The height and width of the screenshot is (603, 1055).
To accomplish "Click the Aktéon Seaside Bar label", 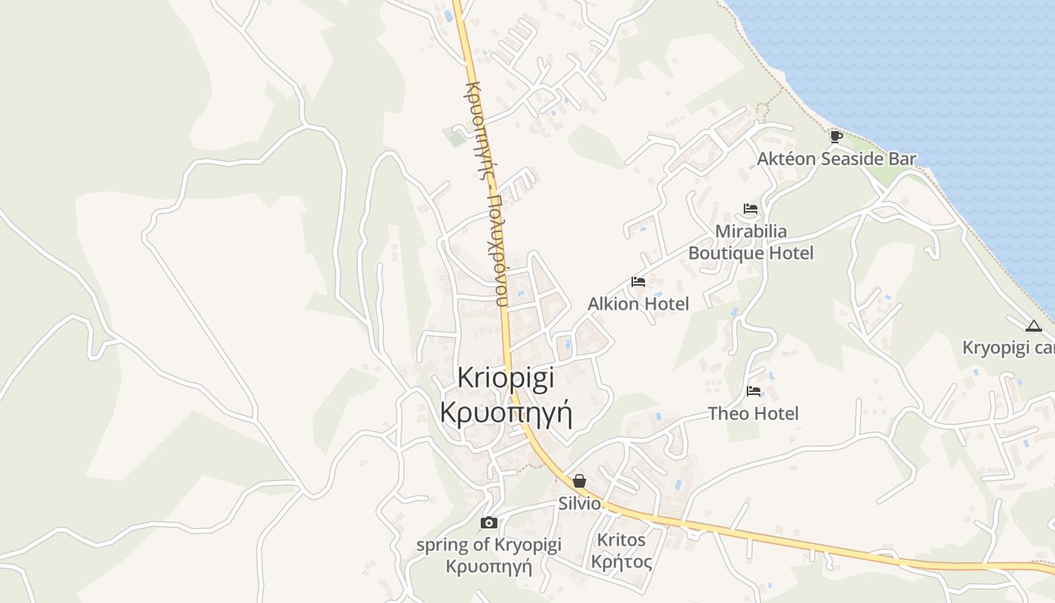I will point(836,159).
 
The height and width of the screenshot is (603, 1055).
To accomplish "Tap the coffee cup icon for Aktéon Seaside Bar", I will point(836,136).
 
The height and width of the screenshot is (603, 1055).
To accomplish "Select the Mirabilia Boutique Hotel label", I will point(751,242).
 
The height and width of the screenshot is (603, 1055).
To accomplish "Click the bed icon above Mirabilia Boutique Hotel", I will point(750,209).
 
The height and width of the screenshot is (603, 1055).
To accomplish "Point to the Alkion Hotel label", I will point(638,304).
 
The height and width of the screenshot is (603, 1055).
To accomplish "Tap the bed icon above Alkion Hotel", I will point(638,282).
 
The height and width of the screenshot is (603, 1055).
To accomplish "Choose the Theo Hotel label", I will point(753,413).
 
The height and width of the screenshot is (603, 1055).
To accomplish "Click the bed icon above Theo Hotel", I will point(753,391).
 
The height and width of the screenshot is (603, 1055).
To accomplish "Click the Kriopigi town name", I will point(506,378).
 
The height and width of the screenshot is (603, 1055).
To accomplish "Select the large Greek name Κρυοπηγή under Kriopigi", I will point(506,413).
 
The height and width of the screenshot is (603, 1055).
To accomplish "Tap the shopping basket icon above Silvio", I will point(579,481).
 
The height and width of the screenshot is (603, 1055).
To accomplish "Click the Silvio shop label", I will point(579,504).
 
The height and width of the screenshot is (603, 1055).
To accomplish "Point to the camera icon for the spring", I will point(488,522).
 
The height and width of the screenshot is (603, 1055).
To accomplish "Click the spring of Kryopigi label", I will point(488,544).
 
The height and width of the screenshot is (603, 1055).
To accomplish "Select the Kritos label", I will point(621,540).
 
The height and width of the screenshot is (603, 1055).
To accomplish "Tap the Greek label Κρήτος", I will point(621,562).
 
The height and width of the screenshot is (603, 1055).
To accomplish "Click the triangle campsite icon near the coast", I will point(1033,326).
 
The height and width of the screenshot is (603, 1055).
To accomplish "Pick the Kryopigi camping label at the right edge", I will point(1009,348).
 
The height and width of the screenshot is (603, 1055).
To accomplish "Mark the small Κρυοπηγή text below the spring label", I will point(488,566).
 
